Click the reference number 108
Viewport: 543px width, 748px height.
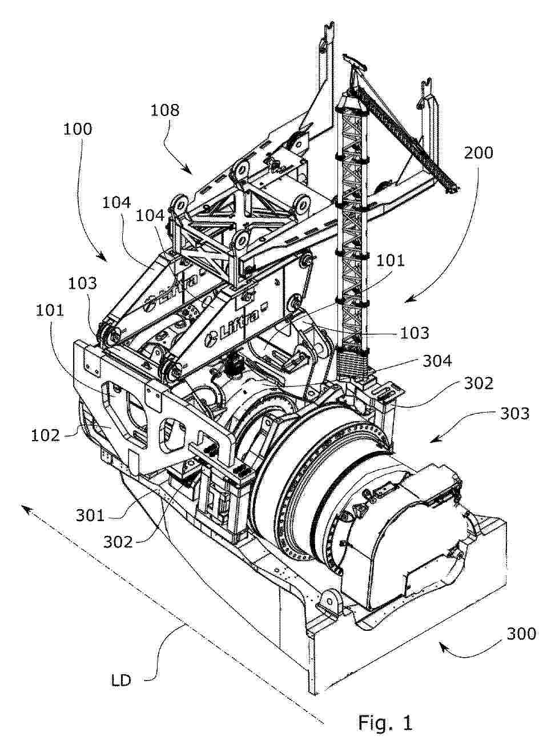coord(165,110)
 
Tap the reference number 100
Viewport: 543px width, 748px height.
coord(78,129)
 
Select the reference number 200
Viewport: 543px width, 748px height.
coord(478,153)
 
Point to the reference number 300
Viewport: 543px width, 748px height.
coord(521,634)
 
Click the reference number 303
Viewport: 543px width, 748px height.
coord(514,413)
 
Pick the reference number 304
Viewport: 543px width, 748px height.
coord(437,361)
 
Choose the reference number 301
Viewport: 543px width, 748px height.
coord(90,515)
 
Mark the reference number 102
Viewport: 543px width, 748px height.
coord(45,435)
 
